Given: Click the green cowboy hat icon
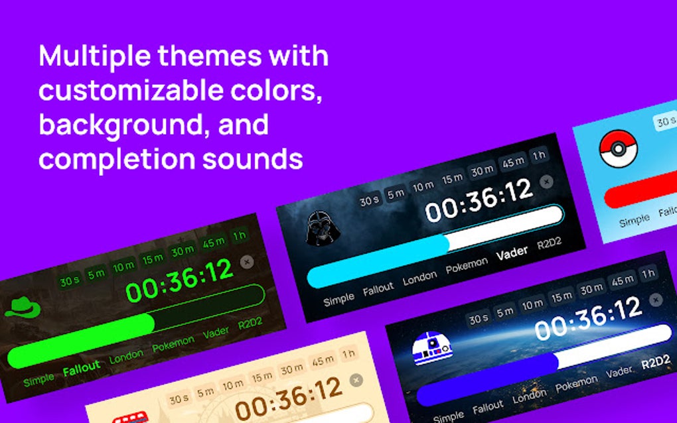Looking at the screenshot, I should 23,308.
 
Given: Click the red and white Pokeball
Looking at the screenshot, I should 618,148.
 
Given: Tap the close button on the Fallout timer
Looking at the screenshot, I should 247,262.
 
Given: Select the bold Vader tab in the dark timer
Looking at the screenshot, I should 512,251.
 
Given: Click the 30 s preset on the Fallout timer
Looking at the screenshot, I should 69,280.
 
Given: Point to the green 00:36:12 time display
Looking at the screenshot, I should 180,280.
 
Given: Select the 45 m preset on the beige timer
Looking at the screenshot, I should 323,361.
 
